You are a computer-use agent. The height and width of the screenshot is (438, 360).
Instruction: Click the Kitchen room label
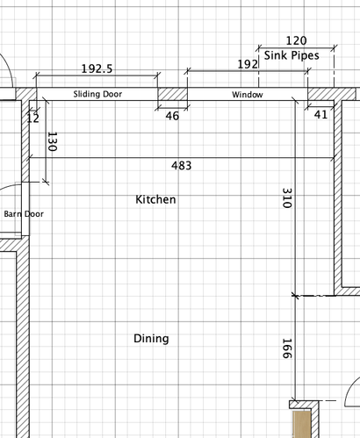tap(155, 199)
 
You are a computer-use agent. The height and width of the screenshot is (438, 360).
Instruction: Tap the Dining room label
tap(151, 339)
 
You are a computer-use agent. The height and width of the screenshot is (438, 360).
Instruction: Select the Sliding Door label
tap(97, 94)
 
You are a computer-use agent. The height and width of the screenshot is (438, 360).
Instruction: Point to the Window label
tap(248, 95)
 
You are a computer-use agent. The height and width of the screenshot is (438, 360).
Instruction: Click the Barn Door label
tap(24, 214)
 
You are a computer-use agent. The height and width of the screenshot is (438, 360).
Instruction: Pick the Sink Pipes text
tap(292, 55)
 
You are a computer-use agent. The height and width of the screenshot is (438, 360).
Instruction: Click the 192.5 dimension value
tap(97, 68)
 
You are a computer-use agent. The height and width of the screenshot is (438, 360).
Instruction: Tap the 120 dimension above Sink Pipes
tap(296, 40)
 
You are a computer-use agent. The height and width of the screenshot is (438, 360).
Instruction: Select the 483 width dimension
tap(182, 166)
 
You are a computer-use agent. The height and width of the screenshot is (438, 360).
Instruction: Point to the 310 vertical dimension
tap(287, 197)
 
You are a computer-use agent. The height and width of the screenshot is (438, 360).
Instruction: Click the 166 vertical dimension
tap(287, 348)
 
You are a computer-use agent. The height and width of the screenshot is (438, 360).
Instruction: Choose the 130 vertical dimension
tap(52, 141)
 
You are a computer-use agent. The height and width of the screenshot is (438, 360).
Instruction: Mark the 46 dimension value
tap(172, 116)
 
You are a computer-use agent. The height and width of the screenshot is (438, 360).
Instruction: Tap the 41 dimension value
tap(320, 114)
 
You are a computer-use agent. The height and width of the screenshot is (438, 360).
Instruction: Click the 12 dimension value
tap(32, 118)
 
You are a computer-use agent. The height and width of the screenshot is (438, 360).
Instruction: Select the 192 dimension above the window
tap(248, 64)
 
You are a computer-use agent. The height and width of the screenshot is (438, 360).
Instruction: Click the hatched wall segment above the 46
tap(172, 94)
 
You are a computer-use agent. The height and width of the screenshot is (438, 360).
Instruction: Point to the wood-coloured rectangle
tap(302, 424)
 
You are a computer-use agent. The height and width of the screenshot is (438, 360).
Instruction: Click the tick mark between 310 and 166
tap(295, 296)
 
